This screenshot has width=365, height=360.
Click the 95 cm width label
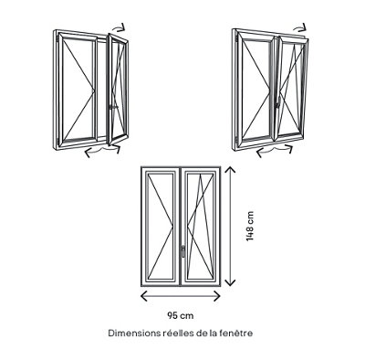pyautogui.click(x=181, y=316)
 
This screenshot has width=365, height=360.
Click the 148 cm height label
pyautogui.click(x=250, y=227)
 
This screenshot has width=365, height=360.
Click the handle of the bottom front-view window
pyautogui.click(x=182, y=251)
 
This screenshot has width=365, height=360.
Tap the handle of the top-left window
pyautogui.click(x=113, y=107)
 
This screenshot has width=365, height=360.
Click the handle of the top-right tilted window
pyautogui.click(x=277, y=104)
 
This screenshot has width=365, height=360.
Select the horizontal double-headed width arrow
pyautogui.click(x=181, y=296)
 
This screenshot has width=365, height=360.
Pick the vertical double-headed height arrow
pyautogui.click(x=232, y=227)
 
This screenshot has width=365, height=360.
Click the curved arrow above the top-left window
pyautogui.click(x=119, y=27)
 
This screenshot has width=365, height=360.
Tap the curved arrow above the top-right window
pyautogui.click(x=300, y=28)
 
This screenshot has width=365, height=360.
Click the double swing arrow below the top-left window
pyautogui.click(x=103, y=150)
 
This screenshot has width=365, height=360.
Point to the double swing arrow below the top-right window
pyautogui.click(x=275, y=151)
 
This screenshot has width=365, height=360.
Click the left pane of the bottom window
pyautogui.click(x=161, y=227)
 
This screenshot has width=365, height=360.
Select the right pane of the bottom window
pyautogui.click(x=201, y=227)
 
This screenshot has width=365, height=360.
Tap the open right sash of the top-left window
pyautogui.click(x=118, y=90)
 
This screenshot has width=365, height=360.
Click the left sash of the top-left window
pyautogui.click(x=78, y=89)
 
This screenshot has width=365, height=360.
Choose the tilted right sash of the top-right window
pyautogui.click(x=292, y=88)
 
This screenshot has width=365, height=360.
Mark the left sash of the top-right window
pyautogui.click(x=257, y=90)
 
